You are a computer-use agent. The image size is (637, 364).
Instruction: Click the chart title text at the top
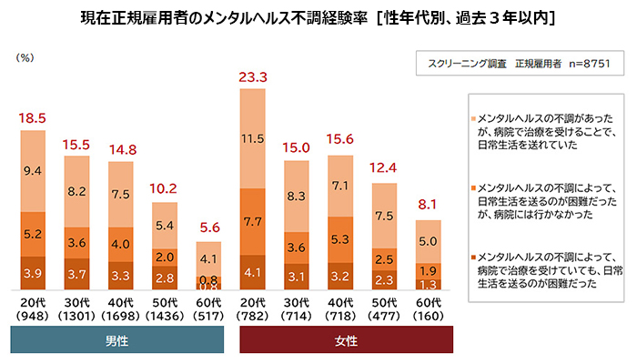tap(318, 17)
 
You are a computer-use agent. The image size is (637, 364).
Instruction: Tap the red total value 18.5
tap(32, 119)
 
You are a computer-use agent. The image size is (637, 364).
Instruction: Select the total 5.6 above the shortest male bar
tap(209, 229)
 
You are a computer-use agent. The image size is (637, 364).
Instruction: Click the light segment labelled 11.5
tap(252, 138)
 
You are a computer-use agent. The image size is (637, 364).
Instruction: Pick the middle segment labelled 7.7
tap(252, 221)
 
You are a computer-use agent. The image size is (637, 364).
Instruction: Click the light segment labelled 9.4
tap(32, 169)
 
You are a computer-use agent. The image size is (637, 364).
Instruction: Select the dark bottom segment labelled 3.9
tap(32, 273)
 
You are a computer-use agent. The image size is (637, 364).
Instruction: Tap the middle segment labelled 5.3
tap(340, 239)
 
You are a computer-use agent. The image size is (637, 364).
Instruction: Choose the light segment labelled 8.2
tap(76, 192)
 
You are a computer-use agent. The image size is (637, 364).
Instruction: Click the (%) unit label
tap(25, 57)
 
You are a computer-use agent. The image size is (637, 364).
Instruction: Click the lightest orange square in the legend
tap(472, 119)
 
